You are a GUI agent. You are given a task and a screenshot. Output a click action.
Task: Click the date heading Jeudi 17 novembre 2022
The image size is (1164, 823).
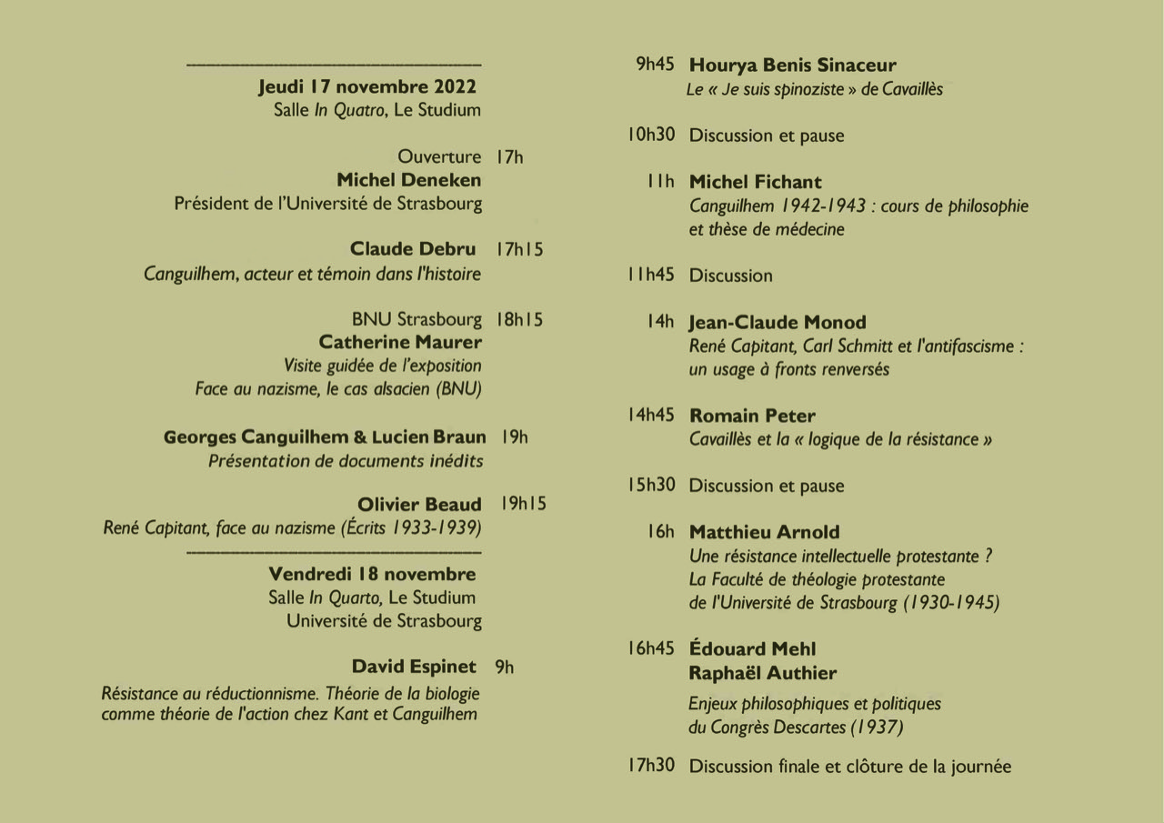click(366, 87)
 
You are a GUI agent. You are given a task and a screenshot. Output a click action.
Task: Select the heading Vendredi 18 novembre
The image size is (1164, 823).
click(372, 574)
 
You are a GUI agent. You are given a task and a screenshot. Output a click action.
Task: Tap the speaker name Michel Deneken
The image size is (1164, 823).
click(408, 180)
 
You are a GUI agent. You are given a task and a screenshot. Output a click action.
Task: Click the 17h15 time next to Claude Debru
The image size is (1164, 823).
click(519, 249)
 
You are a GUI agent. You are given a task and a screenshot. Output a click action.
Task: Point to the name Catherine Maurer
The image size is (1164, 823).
click(400, 343)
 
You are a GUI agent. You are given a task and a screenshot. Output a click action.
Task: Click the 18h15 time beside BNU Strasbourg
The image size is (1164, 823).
click(519, 320)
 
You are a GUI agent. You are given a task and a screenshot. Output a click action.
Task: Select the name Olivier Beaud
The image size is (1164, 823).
click(419, 505)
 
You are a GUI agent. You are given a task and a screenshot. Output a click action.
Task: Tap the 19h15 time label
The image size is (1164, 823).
click(523, 503)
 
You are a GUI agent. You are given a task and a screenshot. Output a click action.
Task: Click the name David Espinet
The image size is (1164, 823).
click(414, 667)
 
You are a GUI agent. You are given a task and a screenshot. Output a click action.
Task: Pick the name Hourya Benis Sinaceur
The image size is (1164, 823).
click(792, 65)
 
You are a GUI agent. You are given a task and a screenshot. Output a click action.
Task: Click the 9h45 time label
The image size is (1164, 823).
click(655, 65)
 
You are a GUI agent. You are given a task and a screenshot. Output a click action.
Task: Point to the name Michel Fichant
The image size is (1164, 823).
click(755, 182)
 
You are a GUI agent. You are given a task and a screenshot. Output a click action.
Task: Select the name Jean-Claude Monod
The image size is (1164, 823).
click(778, 323)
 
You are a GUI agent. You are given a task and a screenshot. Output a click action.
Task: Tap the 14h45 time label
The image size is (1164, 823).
click(650, 416)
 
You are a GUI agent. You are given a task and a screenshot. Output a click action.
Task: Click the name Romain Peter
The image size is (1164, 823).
click(752, 416)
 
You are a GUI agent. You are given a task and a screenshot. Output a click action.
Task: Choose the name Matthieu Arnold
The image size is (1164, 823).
click(764, 532)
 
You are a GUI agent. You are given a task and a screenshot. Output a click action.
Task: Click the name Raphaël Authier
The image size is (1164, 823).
click(762, 673)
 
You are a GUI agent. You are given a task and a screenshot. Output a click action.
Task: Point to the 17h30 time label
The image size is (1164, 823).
click(650, 766)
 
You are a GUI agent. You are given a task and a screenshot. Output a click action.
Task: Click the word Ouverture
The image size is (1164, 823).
click(439, 157)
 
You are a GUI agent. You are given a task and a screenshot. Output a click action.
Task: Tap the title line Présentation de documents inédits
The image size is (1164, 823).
click(346, 461)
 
